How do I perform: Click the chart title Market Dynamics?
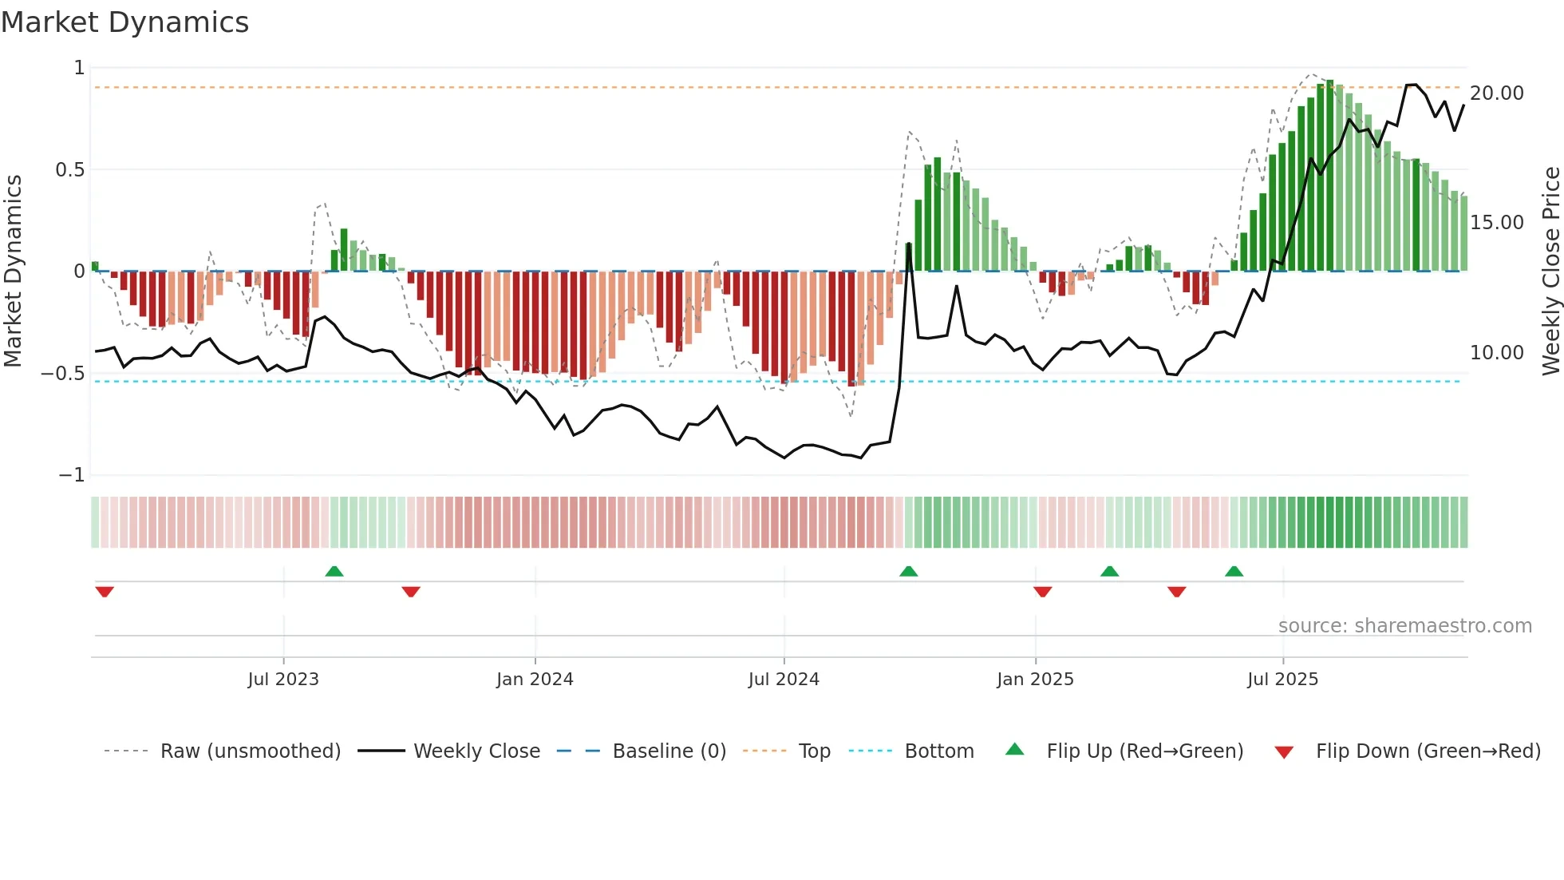coord(124,22)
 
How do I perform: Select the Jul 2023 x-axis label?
coord(283,680)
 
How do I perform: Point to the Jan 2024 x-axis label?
coord(535,680)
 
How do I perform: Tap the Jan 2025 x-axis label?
coord(1035,680)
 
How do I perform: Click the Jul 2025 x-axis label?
coord(1282,680)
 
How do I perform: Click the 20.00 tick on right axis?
coord(1496,93)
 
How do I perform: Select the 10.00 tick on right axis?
coord(1496,353)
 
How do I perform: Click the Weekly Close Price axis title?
coord(1550,271)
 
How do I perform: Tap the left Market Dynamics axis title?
coord(13,271)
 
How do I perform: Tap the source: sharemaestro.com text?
coord(1404,626)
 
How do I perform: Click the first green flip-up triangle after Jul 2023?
coord(334,572)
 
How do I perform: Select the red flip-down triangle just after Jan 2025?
coord(1042,592)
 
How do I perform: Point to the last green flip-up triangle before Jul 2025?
coord(1234,572)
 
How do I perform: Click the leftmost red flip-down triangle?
coord(105,592)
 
